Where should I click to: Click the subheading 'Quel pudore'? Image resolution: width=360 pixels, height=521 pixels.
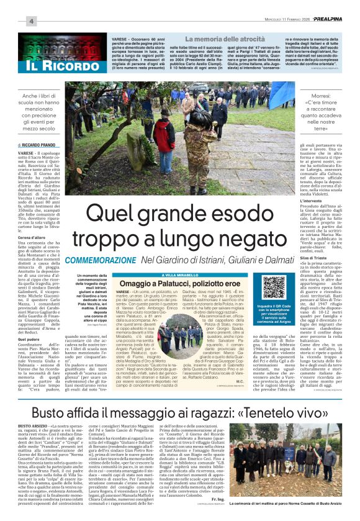click(x=29, y=339)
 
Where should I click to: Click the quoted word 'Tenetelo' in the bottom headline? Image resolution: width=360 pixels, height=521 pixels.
click(x=264, y=412)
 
